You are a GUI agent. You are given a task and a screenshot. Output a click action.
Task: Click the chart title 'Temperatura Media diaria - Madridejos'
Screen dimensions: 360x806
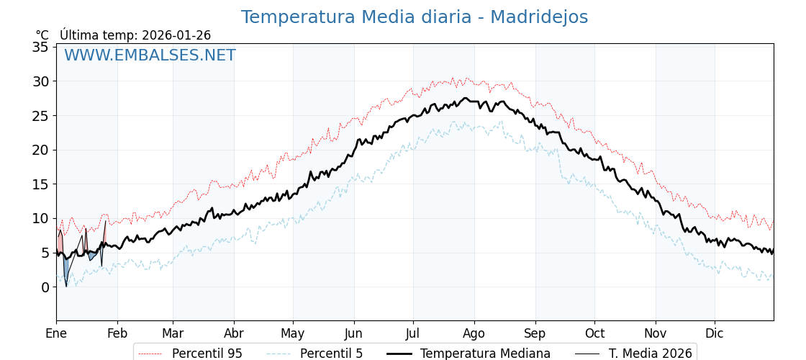[x=414, y=17]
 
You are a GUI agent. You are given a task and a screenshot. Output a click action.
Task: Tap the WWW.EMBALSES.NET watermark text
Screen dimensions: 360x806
[x=150, y=55]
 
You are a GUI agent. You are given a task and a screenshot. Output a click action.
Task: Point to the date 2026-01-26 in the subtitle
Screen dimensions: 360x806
[x=176, y=35]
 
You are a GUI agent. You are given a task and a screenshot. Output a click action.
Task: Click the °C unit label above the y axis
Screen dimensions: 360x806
[x=42, y=35]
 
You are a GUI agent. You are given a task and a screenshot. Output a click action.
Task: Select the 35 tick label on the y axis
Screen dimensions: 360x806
[x=40, y=48]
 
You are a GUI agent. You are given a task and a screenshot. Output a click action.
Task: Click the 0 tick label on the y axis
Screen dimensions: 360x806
[x=45, y=287]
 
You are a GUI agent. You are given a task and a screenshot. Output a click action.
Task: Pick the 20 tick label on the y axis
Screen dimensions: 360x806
[x=40, y=150]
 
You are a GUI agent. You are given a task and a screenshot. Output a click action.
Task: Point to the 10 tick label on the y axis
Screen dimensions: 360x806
[x=40, y=219]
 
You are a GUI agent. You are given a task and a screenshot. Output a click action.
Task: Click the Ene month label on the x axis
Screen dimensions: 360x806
[x=56, y=333]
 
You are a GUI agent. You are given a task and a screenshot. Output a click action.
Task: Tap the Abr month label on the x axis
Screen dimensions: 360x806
[x=234, y=333]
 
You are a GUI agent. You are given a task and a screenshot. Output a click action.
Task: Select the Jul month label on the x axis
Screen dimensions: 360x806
[x=413, y=333]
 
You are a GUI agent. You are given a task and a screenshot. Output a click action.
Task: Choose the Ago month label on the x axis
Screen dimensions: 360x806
[x=474, y=333]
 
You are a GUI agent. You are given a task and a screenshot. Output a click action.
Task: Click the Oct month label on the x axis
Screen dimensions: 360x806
[x=594, y=333]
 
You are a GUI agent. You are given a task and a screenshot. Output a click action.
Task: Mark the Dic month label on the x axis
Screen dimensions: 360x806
[x=715, y=333]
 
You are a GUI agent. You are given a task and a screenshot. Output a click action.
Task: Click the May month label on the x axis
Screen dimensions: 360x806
[x=293, y=333]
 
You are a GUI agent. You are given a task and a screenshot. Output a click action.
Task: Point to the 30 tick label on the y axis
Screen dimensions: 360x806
[x=40, y=82]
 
